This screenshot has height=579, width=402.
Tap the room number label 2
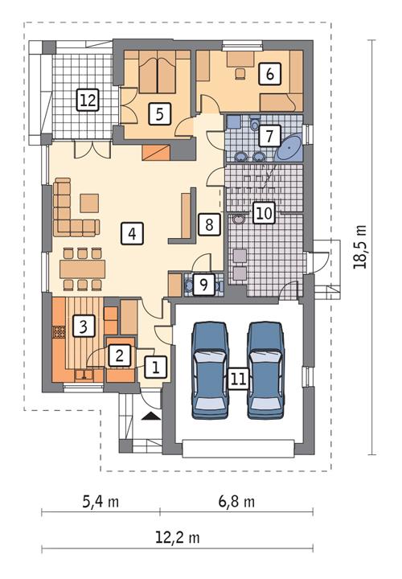118,354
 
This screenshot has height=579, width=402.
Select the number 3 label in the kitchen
81,326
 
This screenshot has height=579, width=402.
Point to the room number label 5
161,113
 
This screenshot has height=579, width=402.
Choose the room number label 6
269,73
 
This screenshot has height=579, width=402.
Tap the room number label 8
207,224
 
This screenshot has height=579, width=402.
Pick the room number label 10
263,212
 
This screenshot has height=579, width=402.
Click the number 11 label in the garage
236,379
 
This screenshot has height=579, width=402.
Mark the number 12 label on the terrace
87,101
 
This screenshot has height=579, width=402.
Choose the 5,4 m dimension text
100,502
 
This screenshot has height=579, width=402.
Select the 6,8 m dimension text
236,502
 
